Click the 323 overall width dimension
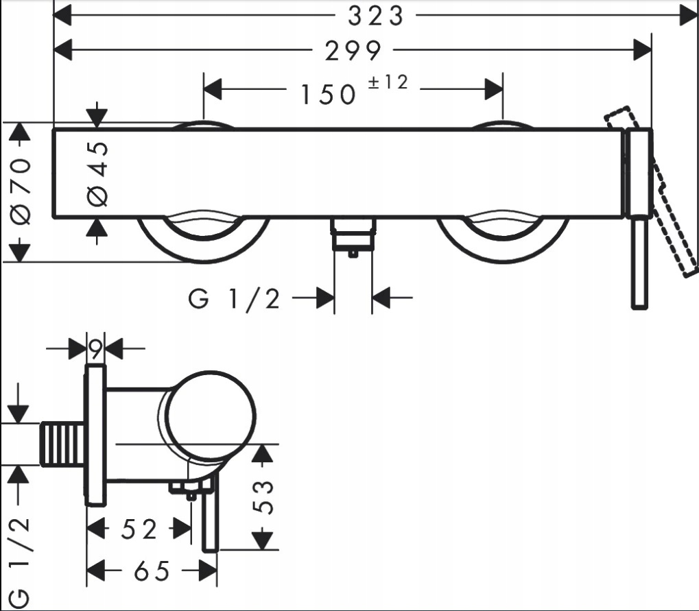point(376,16)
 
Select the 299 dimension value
point(353,51)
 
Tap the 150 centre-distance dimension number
point(329,95)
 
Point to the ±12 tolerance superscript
point(388,82)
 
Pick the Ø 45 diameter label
point(98,174)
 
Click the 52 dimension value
point(139,529)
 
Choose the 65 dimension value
point(152,571)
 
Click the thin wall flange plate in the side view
point(95,435)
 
